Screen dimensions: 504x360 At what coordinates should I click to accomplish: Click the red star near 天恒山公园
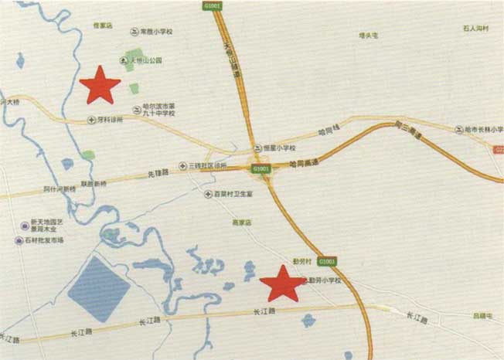[100, 85]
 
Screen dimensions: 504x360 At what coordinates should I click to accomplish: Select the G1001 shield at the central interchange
[260, 168]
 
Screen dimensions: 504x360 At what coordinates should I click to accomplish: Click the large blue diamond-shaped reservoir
[99, 289]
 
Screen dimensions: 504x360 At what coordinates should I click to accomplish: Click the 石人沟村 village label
[477, 29]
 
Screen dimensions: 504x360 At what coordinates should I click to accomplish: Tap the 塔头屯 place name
[368, 35]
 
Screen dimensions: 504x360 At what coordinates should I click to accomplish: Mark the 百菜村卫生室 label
[233, 194]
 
